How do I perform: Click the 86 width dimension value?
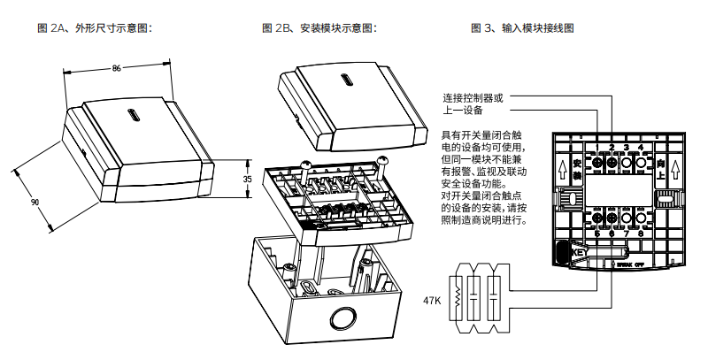116,67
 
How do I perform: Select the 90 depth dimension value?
35,202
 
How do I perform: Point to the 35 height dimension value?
247,178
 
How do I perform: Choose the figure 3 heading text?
522,28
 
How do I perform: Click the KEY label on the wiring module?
581,252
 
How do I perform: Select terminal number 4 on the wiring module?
641,147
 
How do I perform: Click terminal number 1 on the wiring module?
596,147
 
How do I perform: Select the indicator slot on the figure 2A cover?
134,115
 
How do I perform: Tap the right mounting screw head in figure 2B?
383,161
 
